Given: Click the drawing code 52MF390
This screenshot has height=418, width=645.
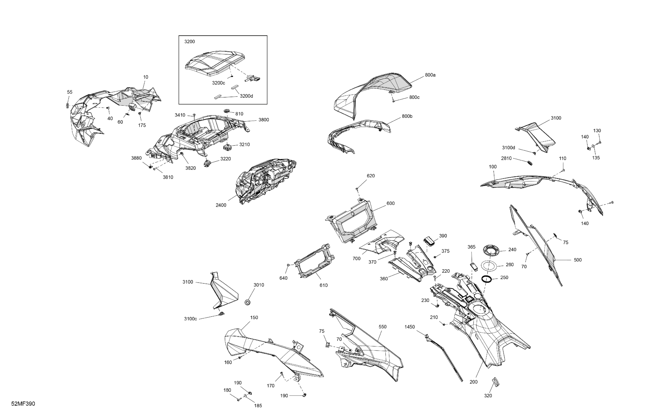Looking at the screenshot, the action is pos(23,404).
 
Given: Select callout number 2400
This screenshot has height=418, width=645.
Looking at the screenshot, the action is pos(221,205).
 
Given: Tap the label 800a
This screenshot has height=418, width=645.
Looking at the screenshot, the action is pos(430,75).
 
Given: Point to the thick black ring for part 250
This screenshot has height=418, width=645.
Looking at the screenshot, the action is pos(487,279).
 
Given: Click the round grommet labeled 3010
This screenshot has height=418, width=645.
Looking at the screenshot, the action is pos(247,302).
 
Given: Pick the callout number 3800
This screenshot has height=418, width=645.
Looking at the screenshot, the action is pos(264,120).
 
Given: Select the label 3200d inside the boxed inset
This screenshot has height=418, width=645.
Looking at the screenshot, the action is pos(246,96).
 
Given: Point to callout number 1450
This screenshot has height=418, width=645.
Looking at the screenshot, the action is pos(410,327).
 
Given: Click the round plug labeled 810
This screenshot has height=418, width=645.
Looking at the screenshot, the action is pos(227,111).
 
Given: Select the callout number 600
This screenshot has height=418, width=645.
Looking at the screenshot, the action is pos(391,203).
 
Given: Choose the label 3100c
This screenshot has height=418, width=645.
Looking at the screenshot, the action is pos(190,319).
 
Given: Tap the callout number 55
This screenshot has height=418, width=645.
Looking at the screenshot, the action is pos(70,92).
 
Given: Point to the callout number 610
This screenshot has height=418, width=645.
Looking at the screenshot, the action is pos(323,285).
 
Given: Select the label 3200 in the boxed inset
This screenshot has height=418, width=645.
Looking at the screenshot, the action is pos(189,42).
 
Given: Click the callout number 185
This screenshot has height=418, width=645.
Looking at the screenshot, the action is pos(258,405).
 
